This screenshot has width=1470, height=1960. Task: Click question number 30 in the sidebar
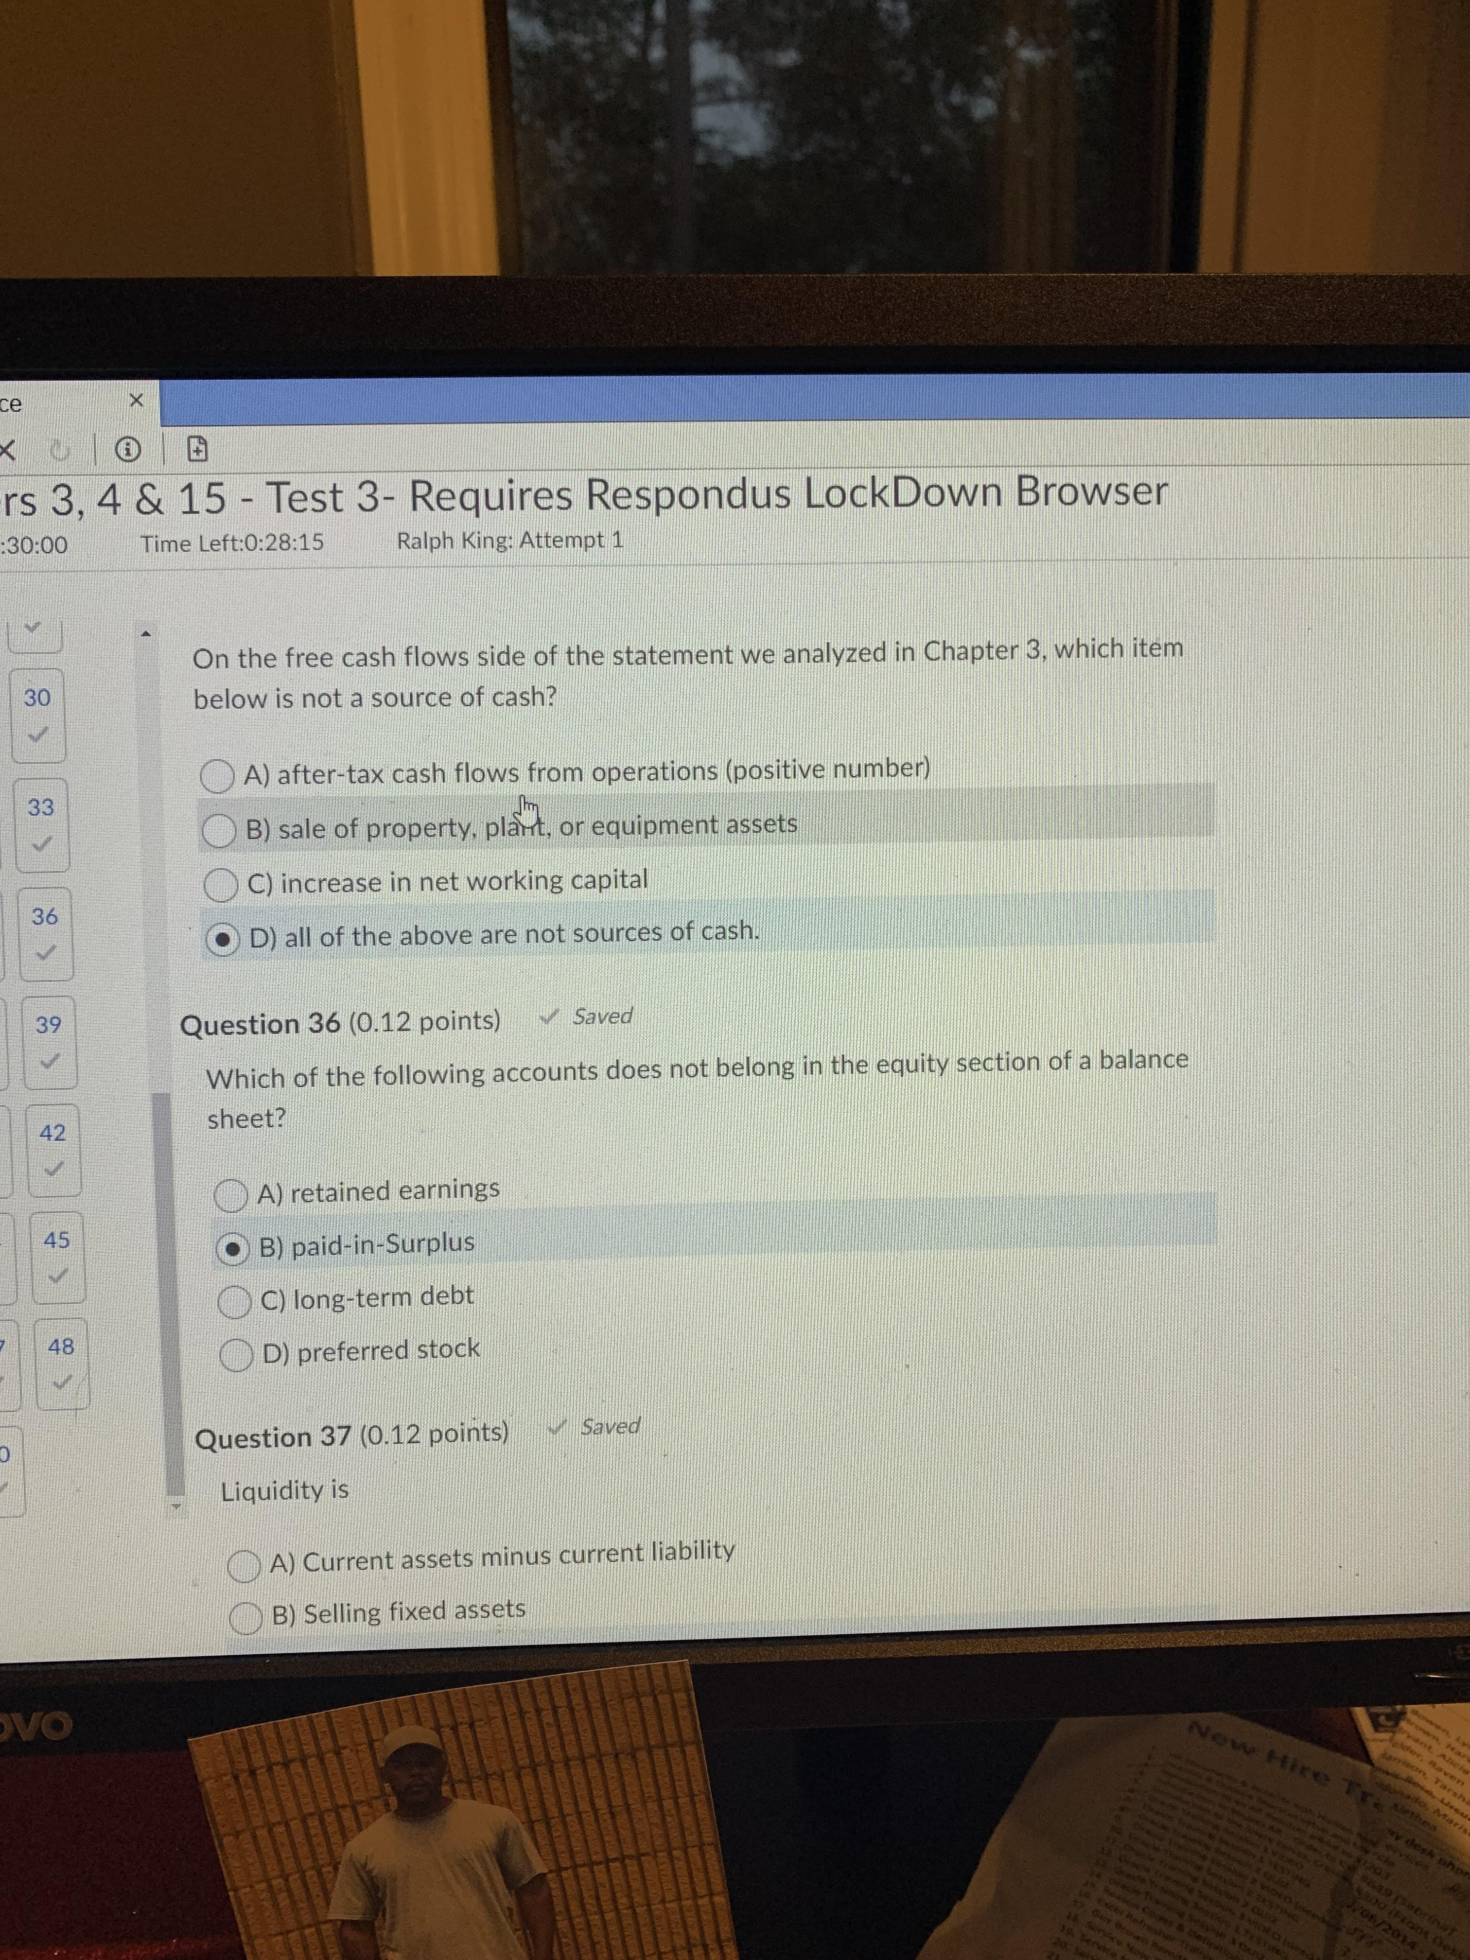click(x=37, y=698)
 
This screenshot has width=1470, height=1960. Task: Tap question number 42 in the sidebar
click(x=52, y=1133)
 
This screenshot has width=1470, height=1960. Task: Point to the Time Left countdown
click(x=232, y=543)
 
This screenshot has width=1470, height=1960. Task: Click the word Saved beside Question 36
click(x=602, y=1016)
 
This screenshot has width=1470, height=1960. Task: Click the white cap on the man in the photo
click(x=414, y=1746)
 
